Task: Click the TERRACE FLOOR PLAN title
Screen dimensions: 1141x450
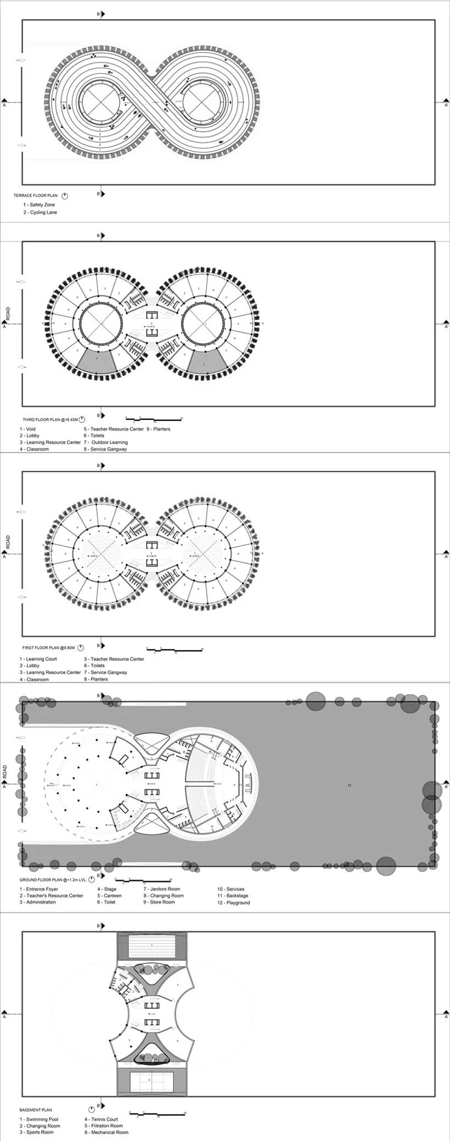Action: pyautogui.click(x=35, y=196)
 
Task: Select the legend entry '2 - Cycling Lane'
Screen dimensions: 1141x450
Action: pyautogui.click(x=40, y=212)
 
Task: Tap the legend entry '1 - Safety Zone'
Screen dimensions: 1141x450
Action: pyautogui.click(x=39, y=205)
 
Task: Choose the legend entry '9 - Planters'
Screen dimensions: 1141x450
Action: pyautogui.click(x=158, y=429)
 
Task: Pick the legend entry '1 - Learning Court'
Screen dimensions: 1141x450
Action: pyautogui.click(x=38, y=659)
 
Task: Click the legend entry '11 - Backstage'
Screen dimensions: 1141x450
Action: pyautogui.click(x=232, y=896)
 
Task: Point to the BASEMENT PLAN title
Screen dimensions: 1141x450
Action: pyautogui.click(x=36, y=1110)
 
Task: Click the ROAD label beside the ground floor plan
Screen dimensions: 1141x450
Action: pyautogui.click(x=6, y=770)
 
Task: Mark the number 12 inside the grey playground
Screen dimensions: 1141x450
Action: pyautogui.click(x=349, y=785)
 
